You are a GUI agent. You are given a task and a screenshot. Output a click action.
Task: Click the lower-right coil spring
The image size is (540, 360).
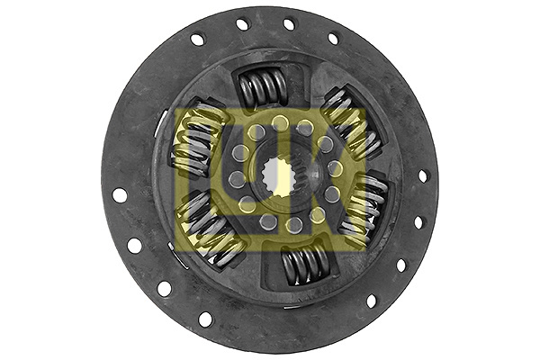pyautogui.click(x=365, y=207)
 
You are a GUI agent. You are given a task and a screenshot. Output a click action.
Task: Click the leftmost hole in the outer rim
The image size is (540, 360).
pyautogui.click(x=119, y=193)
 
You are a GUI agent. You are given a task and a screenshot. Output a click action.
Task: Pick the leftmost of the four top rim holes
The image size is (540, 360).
pyautogui.click(x=197, y=39)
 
